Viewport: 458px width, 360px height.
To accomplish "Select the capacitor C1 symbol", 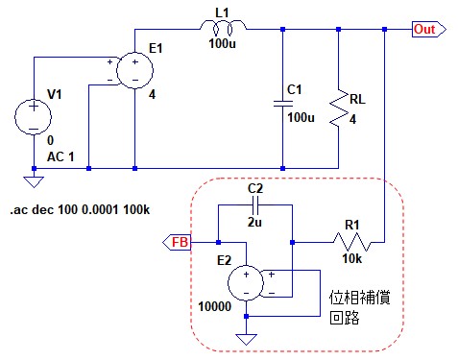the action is click(x=283, y=104).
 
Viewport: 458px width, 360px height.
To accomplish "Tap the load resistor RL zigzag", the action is click(x=339, y=109).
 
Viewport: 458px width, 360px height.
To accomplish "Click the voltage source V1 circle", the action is click(x=34, y=116).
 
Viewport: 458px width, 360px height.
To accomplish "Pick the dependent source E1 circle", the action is click(x=134, y=71).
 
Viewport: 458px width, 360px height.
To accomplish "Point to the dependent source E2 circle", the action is click(x=246, y=283).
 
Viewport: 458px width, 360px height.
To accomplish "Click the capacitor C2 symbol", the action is click(x=255, y=205).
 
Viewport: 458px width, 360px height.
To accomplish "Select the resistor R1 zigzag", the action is click(x=352, y=242).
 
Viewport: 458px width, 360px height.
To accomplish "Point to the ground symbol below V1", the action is click(x=34, y=181).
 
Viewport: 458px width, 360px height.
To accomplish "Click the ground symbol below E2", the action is click(x=246, y=339).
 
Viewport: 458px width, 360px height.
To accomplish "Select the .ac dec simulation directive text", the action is click(x=80, y=209).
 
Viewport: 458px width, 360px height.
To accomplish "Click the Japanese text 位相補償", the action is click(x=360, y=298).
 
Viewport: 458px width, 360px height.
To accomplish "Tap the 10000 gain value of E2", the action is click(x=215, y=306).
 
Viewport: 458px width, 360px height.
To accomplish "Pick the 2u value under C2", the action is click(x=254, y=222).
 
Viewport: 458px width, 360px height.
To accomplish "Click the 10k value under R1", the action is click(x=352, y=258).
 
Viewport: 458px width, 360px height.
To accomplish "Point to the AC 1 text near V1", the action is click(x=60, y=156).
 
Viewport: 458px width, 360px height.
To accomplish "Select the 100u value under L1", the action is click(x=222, y=43).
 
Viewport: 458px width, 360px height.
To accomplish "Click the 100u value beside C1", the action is click(x=301, y=117).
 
